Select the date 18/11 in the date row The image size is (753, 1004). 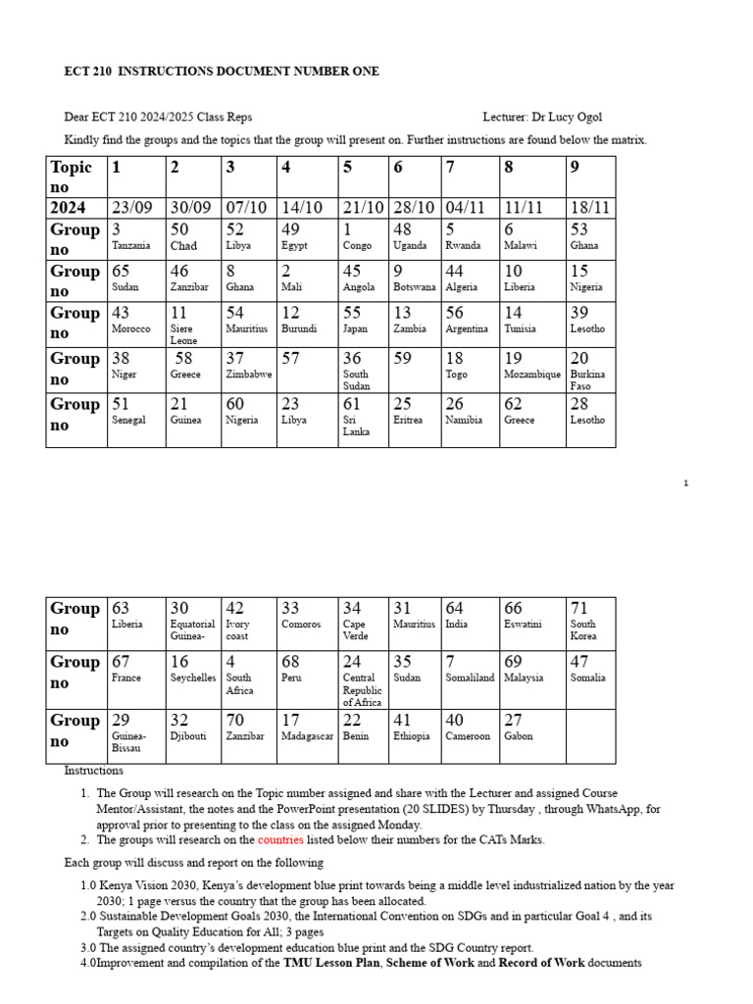click(591, 208)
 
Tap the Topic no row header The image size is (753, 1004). click(75, 176)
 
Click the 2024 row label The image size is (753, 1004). click(69, 208)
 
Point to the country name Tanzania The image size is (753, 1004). click(131, 246)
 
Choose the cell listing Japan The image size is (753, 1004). click(355, 329)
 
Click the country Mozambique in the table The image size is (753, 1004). click(532, 375)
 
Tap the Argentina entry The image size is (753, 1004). click(467, 329)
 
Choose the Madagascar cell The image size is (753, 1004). click(308, 736)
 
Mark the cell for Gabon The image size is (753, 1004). click(519, 736)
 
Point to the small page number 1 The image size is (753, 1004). click(686, 482)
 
